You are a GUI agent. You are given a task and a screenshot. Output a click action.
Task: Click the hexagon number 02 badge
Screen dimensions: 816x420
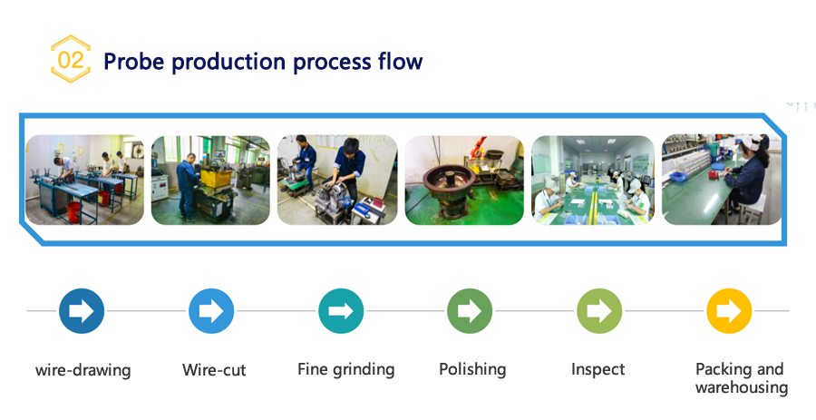(x=70, y=59)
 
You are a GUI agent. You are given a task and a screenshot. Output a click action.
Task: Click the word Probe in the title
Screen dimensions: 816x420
(x=134, y=62)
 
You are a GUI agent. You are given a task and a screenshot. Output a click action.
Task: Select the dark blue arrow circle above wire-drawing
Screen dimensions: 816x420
(x=82, y=311)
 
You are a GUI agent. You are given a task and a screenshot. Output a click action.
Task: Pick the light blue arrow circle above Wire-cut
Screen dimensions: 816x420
(x=211, y=311)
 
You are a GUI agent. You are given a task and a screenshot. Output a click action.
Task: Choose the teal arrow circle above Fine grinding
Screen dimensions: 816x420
(x=341, y=311)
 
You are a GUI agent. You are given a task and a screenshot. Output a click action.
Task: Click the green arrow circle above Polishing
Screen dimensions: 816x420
(x=470, y=311)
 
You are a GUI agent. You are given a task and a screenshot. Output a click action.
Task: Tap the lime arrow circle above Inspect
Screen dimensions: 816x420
(x=599, y=311)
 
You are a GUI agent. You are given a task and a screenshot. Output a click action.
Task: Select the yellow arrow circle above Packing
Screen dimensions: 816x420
(x=729, y=311)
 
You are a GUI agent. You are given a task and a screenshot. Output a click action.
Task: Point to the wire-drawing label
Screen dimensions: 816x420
(x=83, y=370)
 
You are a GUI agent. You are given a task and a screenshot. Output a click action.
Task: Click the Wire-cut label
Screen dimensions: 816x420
(x=214, y=370)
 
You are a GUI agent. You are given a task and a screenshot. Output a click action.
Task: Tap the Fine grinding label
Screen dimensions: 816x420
(x=346, y=369)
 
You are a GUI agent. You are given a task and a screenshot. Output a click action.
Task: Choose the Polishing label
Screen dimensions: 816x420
(x=472, y=369)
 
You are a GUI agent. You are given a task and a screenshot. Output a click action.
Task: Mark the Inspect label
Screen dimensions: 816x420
(x=598, y=369)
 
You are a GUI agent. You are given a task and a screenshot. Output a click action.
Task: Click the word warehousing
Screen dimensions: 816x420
(x=742, y=387)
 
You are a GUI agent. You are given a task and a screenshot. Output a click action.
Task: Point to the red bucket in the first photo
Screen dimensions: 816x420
(x=74, y=211)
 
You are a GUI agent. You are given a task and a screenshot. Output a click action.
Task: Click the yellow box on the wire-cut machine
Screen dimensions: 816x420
(x=216, y=178)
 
